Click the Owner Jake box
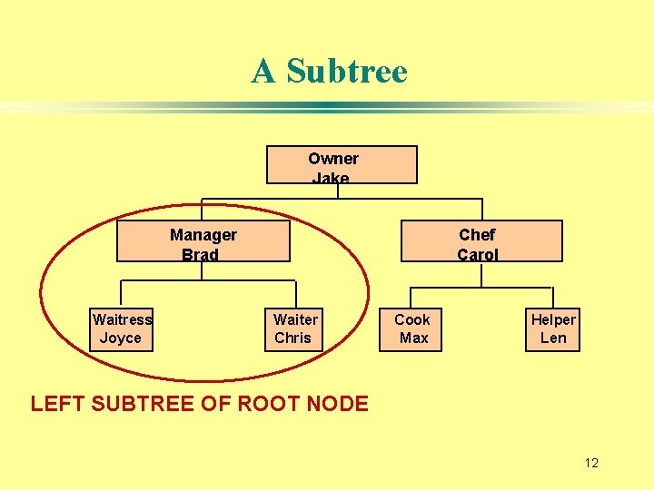point(341,165)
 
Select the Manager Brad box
point(203,241)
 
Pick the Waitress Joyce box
point(121,328)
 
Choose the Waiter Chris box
point(295,328)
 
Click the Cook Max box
point(412,328)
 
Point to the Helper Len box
point(553,328)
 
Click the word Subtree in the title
point(347,71)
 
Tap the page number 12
point(591,464)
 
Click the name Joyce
point(121,338)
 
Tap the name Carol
point(478,255)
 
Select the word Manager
point(203,235)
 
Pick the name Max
point(413,338)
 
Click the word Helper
point(553,319)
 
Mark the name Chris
point(292,338)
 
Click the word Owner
point(333,159)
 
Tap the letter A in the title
point(263,71)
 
